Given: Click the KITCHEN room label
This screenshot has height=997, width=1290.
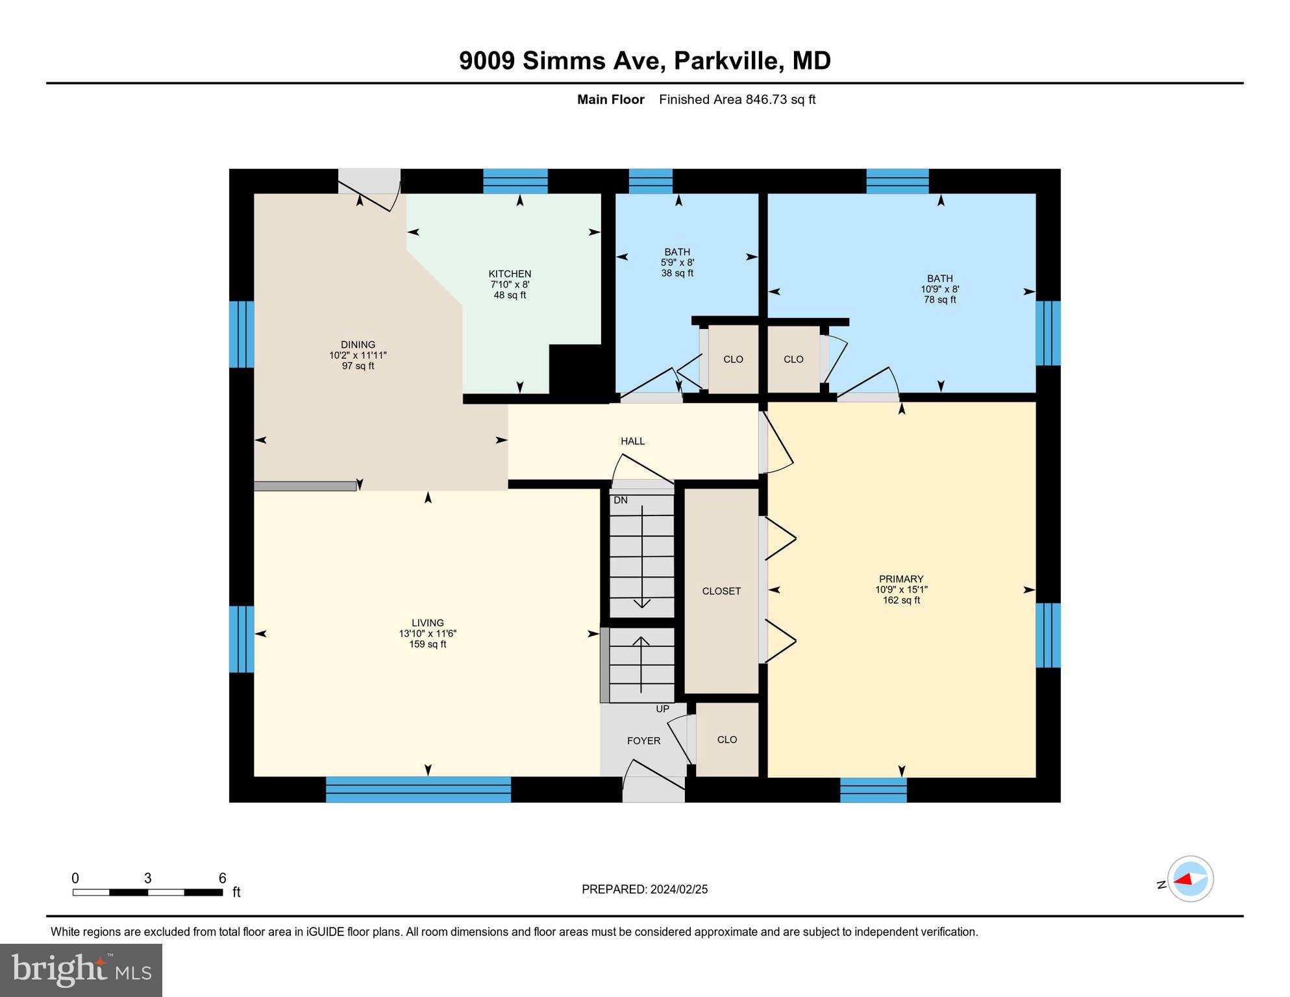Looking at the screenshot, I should coord(510,274).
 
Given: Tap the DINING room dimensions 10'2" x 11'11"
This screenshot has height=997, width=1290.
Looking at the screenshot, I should coord(358,356).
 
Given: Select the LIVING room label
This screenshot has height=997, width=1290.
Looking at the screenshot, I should coord(427,622).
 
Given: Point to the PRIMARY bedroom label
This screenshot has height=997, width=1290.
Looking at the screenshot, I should coord(900,579).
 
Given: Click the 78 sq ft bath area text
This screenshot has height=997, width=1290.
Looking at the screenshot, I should coord(939,300).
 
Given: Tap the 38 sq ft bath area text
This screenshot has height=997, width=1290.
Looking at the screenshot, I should coord(677,273).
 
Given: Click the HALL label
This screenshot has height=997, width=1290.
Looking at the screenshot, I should coord(632,441).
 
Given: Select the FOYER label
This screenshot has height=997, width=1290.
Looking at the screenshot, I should coord(643,741).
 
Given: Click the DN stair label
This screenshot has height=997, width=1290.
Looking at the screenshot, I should coord(620,500).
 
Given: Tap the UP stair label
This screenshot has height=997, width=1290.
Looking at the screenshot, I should coord(662,709).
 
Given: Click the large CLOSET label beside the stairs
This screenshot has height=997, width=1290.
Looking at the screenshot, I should coord(721,591).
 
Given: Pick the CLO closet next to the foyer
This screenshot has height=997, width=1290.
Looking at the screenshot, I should coord(726,740).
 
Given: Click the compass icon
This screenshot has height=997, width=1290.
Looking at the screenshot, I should coord(1190,879).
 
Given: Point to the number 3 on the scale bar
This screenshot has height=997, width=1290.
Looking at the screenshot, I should coord(147,878).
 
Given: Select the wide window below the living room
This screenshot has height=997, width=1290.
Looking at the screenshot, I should coord(418,789).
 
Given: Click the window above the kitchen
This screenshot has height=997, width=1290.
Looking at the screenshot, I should coord(515,181).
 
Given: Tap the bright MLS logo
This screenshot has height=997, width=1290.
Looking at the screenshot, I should coord(81,970).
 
